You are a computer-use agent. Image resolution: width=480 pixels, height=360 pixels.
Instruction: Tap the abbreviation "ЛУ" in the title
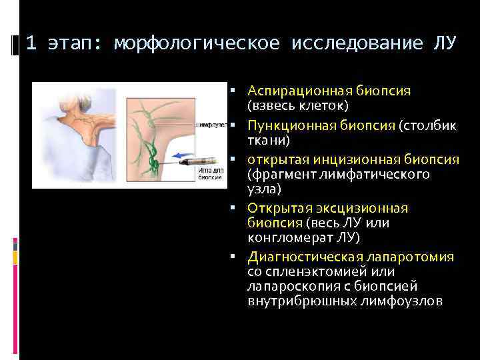445,44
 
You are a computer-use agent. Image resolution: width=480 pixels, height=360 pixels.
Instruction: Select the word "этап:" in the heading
72,44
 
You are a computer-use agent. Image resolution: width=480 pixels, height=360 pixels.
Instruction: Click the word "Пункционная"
285,126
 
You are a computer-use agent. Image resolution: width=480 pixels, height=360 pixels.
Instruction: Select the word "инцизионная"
350,160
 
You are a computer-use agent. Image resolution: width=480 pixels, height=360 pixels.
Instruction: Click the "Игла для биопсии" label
210,176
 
